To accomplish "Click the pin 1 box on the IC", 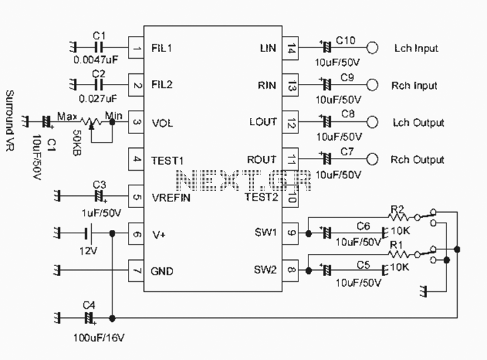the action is [136, 47].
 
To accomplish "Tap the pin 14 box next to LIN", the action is [290, 48].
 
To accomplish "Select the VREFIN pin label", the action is [171, 198].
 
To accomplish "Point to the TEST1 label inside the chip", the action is [167, 161].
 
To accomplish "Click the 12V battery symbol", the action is [88, 233].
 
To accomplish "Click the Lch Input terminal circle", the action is [372, 48].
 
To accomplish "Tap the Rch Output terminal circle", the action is [372, 159].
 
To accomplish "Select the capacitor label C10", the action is [345, 40].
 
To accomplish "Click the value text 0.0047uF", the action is [96, 59].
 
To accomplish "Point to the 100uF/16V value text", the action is [99, 337].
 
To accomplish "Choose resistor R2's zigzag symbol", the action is [399, 217].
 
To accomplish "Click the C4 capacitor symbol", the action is [89, 318].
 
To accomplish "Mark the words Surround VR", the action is [10, 121].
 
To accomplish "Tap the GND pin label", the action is [162, 271].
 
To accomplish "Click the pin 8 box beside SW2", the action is [290, 270].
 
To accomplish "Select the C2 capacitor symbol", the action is [99, 85].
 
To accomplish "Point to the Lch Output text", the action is [418, 123].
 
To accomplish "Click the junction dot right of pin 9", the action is [308, 233].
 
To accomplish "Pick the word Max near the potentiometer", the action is [67, 117].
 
